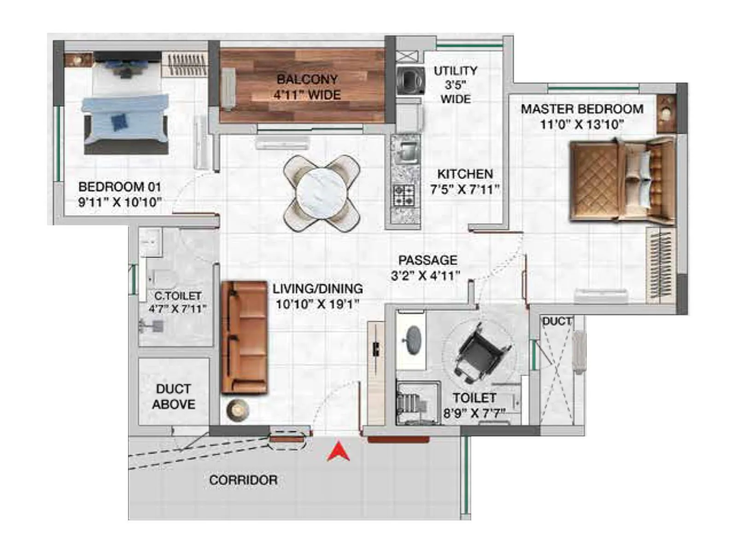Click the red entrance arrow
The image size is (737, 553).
point(338,452)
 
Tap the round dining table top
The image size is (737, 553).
point(321,192)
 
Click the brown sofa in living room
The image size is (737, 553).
point(244,337)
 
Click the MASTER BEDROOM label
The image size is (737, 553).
point(582,109)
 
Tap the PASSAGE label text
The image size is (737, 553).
point(427,260)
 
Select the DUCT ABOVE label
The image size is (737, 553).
point(174,396)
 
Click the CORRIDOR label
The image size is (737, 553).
point(243,480)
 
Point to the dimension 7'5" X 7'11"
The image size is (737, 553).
point(465,189)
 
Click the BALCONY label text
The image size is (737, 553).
point(307,79)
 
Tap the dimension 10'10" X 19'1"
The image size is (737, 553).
point(317,304)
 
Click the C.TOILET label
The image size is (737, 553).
point(178,295)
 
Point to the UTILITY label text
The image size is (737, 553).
point(455,71)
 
